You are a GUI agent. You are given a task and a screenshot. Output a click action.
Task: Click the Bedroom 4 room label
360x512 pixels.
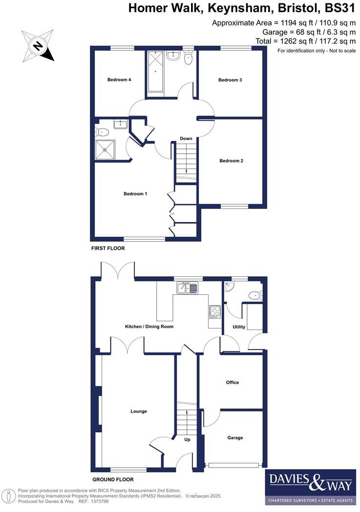(x=119, y=80)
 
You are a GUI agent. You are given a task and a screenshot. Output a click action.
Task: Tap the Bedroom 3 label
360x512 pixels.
(x=230, y=80)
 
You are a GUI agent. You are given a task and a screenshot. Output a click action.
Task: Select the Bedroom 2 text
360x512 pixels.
(x=231, y=161)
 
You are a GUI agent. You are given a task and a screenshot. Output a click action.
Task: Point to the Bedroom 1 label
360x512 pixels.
(x=135, y=194)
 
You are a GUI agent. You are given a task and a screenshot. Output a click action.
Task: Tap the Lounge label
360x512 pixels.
(x=139, y=411)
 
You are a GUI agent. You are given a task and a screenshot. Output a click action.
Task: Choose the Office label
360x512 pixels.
(x=233, y=382)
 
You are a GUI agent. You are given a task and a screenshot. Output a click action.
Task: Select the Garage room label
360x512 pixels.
(x=235, y=438)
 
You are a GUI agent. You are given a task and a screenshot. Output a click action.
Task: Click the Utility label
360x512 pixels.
(x=239, y=327)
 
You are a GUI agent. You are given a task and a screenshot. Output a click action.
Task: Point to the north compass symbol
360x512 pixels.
(x=38, y=45)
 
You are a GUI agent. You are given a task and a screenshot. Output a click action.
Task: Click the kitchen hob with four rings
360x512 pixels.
(x=215, y=311)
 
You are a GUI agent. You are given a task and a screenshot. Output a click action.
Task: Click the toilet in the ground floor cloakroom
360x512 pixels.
(x=254, y=295)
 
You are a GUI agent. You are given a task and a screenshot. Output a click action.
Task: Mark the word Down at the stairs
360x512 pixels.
(x=186, y=139)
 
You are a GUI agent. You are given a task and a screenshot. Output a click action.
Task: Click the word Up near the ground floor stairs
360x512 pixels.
(x=187, y=439)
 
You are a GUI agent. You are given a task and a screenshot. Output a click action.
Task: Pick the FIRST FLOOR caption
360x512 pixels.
(x=108, y=248)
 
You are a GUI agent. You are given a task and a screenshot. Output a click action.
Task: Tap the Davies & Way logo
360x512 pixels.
(x=310, y=487)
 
